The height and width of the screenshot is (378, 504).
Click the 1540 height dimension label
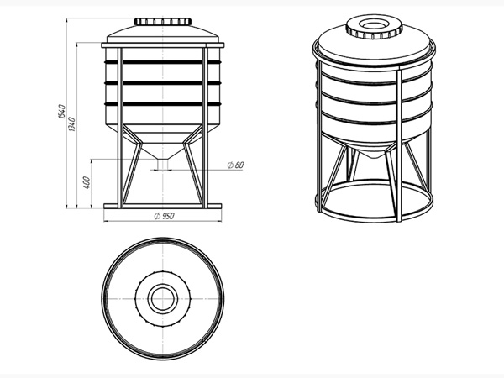click(x=61, y=111)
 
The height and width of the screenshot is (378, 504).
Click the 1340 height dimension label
click(x=72, y=124)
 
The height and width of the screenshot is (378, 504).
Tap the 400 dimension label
click(x=87, y=182)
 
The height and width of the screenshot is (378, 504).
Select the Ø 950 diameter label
click(x=165, y=216)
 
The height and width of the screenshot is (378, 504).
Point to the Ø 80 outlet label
click(x=235, y=165)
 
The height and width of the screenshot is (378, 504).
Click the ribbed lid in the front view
click(x=163, y=22)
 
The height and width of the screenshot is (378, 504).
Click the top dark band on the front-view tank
click(x=163, y=62)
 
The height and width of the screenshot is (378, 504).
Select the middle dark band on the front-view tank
click(x=163, y=83)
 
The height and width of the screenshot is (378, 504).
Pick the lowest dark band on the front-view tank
click(x=163, y=104)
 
